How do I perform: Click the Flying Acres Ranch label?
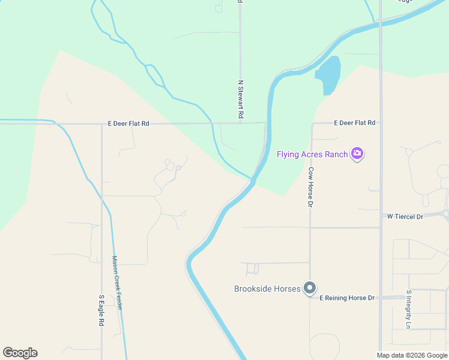[312, 154]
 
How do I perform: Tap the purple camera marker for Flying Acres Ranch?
[358, 154]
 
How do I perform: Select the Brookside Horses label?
[267, 289]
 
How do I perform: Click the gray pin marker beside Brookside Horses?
[310, 289]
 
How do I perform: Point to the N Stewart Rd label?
[241, 99]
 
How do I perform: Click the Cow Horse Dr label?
[311, 187]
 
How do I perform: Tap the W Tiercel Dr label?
[405, 216]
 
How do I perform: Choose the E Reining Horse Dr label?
[347, 298]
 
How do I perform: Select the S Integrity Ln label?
[408, 310]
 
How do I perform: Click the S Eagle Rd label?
[101, 310]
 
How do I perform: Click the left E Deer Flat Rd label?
[128, 123]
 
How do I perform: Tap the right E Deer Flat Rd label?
[354, 122]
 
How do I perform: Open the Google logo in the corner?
[20, 353]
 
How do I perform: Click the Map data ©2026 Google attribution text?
[412, 355]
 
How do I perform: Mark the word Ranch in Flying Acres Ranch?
[336, 154]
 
